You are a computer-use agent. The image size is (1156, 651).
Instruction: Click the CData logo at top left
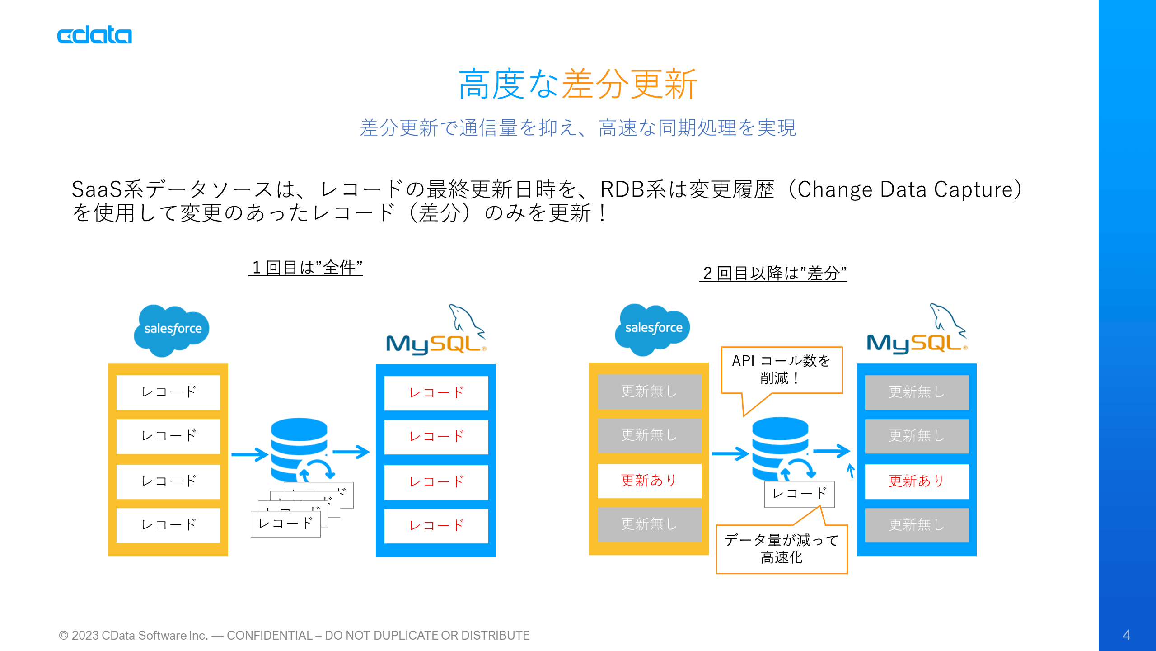click(x=94, y=36)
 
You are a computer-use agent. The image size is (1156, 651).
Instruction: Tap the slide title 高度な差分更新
click(x=577, y=84)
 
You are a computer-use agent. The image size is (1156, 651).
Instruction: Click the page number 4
click(x=1126, y=635)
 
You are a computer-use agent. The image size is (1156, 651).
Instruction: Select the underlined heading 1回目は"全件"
click(x=306, y=268)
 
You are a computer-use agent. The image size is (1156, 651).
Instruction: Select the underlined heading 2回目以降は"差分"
click(x=773, y=273)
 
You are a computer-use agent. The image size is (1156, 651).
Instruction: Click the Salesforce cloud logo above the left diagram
click(x=172, y=330)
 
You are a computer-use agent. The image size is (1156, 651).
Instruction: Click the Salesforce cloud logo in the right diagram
click(x=652, y=329)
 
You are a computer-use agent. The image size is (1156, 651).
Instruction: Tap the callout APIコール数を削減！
click(x=781, y=369)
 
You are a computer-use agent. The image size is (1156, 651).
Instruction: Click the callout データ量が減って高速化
click(x=781, y=549)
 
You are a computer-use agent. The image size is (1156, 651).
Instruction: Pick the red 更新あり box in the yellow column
click(x=649, y=481)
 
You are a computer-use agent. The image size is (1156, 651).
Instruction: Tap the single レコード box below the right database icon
click(x=799, y=494)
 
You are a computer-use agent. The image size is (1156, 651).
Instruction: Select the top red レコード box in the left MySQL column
click(x=436, y=393)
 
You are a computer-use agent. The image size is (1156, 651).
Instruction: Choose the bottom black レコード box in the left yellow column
click(x=168, y=525)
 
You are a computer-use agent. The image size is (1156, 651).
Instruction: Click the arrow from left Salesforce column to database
click(x=250, y=454)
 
